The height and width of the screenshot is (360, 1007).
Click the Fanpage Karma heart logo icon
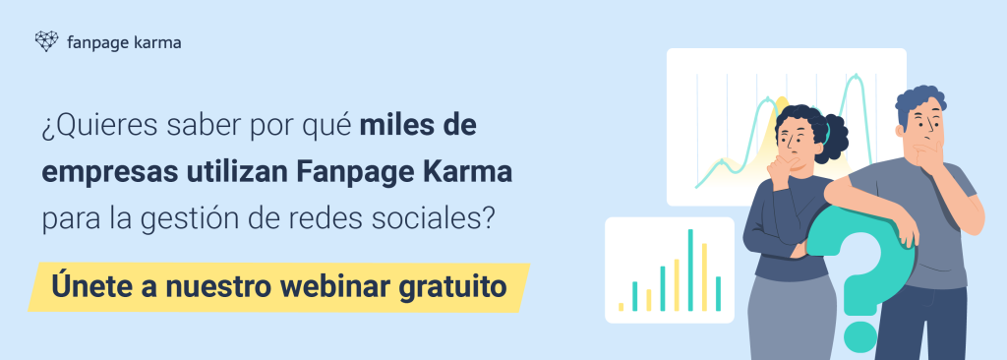[46, 41]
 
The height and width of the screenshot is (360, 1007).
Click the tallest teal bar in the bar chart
[690, 270]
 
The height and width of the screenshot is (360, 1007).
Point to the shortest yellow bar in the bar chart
[622, 307]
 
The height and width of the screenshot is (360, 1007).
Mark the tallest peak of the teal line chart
[856, 76]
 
